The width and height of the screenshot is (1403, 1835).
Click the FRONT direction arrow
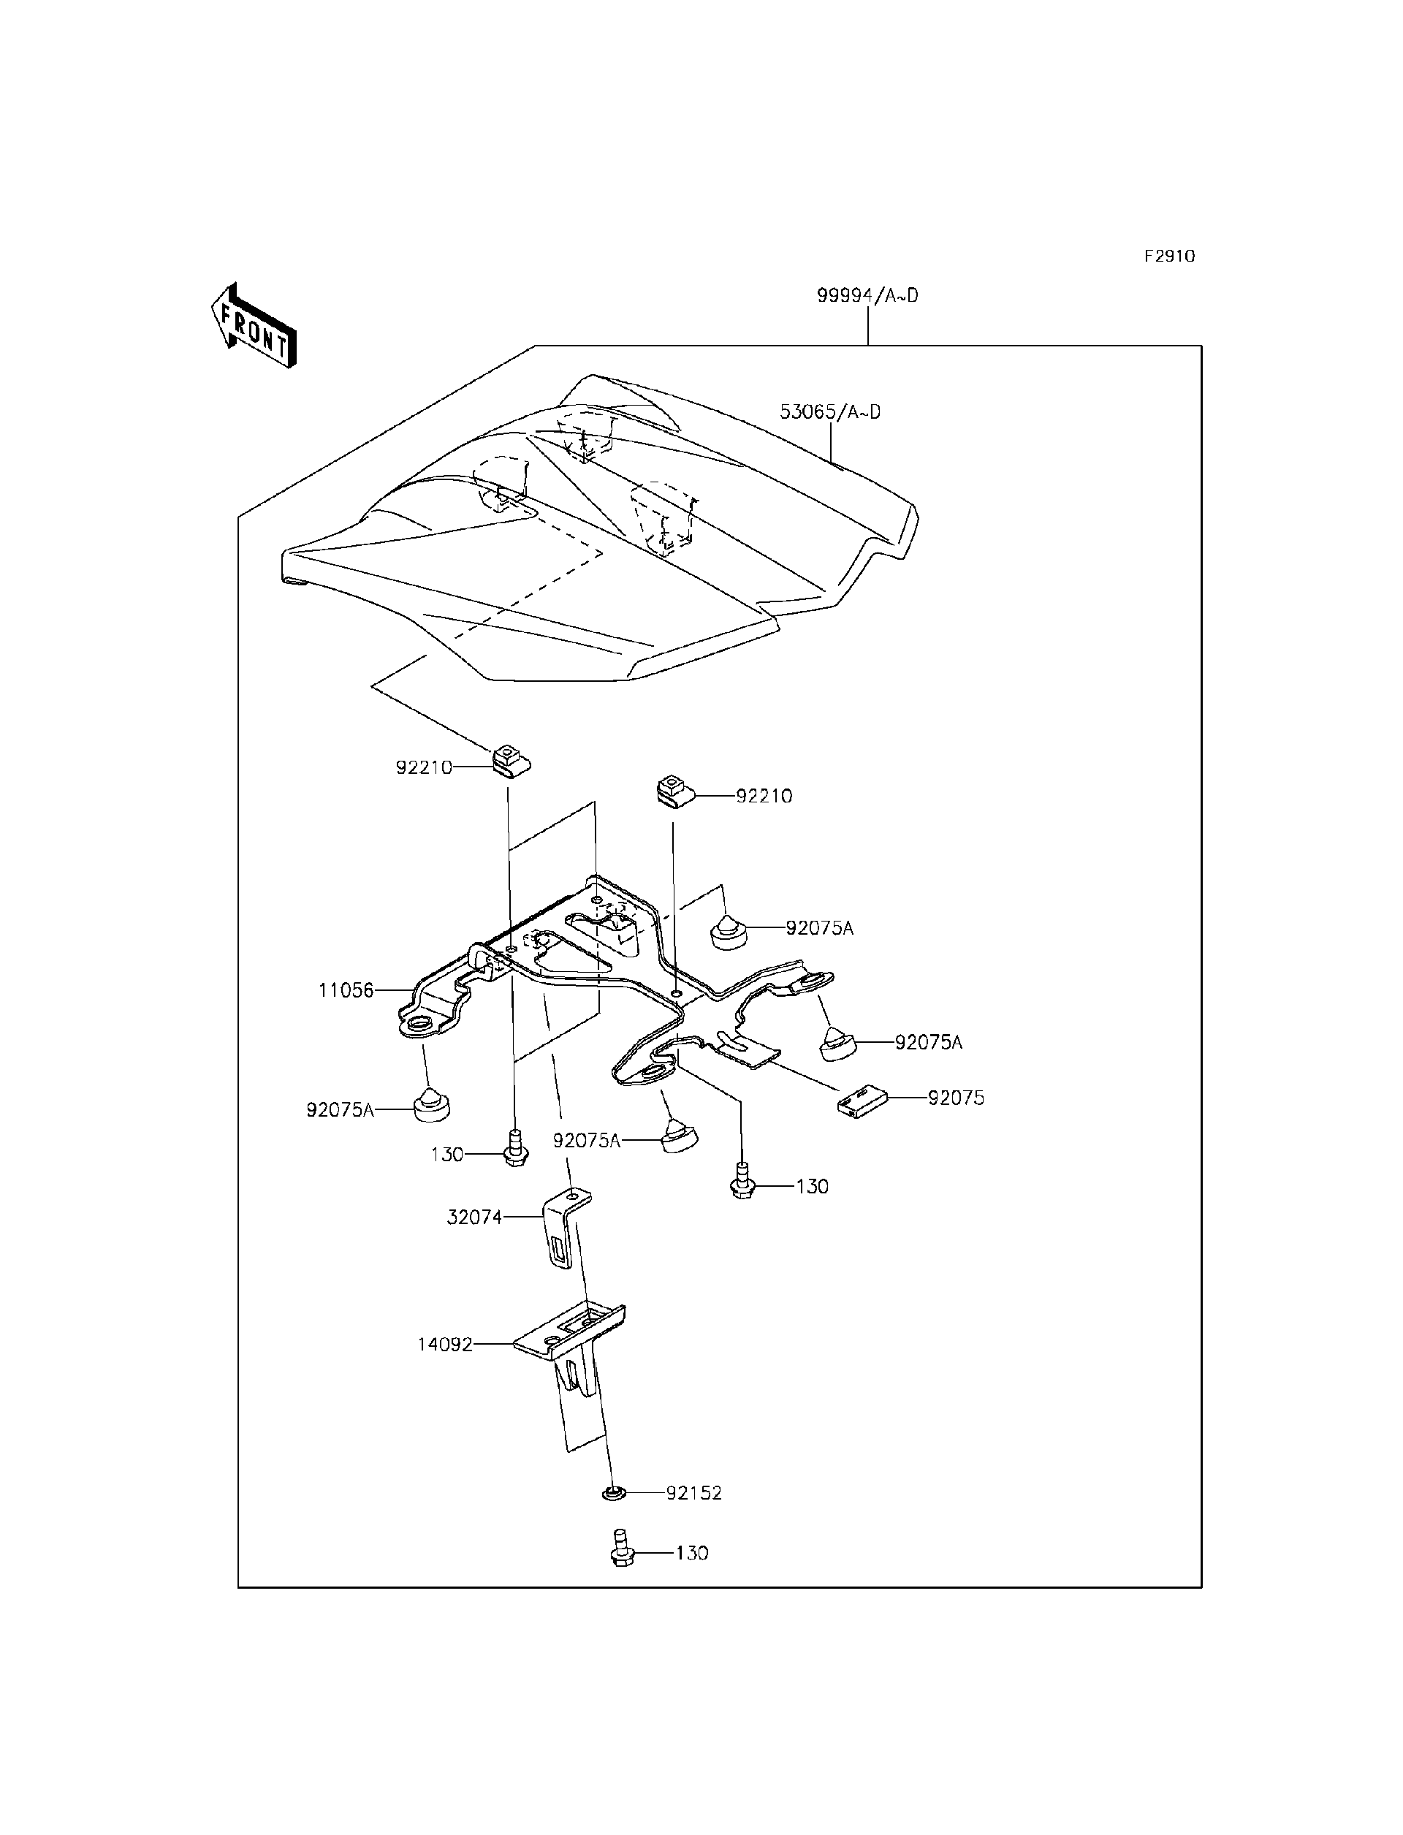click(x=253, y=327)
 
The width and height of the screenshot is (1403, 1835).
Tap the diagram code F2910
click(x=1169, y=257)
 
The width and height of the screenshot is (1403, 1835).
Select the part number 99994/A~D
click(x=867, y=296)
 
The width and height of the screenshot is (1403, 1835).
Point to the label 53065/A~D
click(x=829, y=411)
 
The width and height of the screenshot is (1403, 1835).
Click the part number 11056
click(x=346, y=991)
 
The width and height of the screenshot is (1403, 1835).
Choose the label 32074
click(x=474, y=1217)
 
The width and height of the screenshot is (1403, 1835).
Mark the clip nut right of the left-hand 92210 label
click(x=508, y=761)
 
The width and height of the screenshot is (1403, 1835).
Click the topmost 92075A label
click(x=819, y=928)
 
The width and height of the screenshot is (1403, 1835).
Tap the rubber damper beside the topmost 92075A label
click(x=729, y=930)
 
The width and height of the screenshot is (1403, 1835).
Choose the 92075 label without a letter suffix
click(x=957, y=1098)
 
